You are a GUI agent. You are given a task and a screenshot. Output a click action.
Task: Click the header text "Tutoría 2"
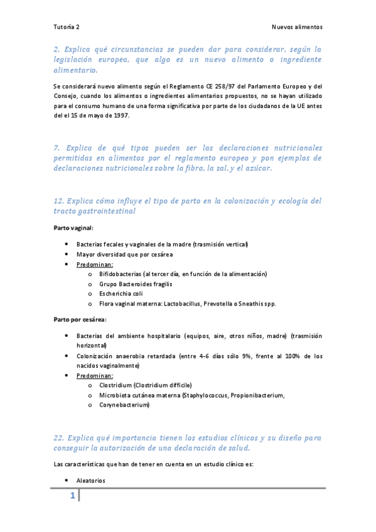(x=66, y=28)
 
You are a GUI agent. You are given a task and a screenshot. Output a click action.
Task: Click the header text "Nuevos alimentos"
(x=296, y=28)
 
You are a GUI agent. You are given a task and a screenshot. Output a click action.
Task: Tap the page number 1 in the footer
(x=72, y=497)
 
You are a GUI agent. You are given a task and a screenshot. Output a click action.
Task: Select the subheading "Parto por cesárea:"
(x=80, y=319)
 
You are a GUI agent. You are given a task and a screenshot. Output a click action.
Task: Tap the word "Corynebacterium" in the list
(x=124, y=405)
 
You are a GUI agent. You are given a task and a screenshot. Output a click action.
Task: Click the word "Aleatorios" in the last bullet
(x=91, y=481)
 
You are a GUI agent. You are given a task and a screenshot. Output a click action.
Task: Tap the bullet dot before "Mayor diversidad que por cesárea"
(x=67, y=255)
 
